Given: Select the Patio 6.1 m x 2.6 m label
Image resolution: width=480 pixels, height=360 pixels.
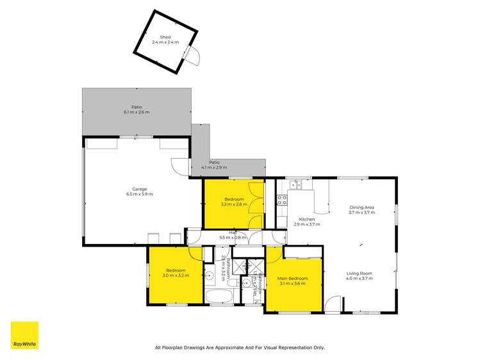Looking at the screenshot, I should (x=137, y=110).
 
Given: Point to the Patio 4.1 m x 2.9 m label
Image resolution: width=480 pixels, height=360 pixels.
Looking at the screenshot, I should (x=213, y=165).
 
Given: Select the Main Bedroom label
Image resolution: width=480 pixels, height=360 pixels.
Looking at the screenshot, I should (x=292, y=281).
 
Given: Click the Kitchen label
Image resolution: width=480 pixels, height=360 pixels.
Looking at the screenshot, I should (x=306, y=222).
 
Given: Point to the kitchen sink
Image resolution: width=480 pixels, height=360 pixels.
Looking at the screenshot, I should (x=295, y=186).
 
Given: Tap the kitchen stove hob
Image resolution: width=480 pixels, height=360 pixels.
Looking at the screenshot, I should (x=281, y=200).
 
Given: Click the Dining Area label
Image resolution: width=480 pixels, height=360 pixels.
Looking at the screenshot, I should (x=361, y=209).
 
